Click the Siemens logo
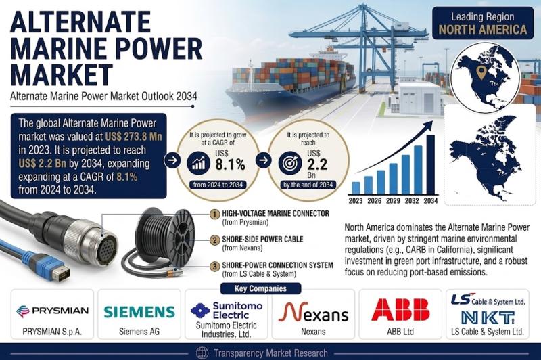pos(139,312)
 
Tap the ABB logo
pos(400,310)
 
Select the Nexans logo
pos(313,312)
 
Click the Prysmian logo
pos(53,311)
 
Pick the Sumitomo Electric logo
pos(227,311)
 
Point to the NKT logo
pos(488,317)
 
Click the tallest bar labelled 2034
pos(431,164)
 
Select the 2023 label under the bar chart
pos(356,200)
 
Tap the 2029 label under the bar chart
pos(393,200)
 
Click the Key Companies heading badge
pos(260,288)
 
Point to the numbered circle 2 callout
pos(214,240)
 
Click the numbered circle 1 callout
pos(214,214)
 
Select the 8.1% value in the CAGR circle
pos(230,164)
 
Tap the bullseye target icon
pos(290,163)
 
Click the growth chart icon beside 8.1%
pos(198,163)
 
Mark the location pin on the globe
pos(481,72)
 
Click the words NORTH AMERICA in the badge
pos(483,30)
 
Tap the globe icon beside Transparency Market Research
pos(202,353)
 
